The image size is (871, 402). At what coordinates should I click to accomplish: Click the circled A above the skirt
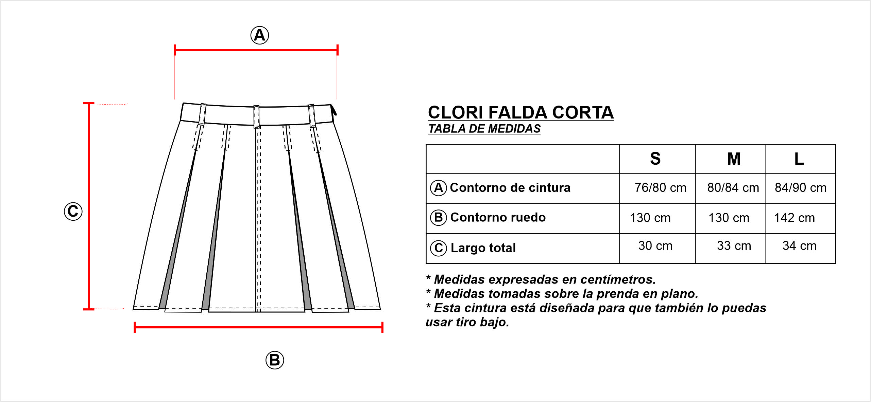coord(260,35)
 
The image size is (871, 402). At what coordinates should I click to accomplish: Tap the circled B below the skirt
coord(275,360)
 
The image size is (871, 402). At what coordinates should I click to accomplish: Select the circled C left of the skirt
coord(73,211)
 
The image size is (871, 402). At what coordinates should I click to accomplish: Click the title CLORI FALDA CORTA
coord(521,112)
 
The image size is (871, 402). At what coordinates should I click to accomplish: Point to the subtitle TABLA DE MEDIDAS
coord(484,129)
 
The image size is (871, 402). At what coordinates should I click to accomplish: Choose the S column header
coord(655,159)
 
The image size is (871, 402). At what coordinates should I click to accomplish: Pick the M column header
coord(734,159)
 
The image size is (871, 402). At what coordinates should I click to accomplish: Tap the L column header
coord(799,159)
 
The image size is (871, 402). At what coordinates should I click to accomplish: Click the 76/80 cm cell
coord(661,187)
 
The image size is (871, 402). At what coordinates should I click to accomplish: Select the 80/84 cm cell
coord(733,187)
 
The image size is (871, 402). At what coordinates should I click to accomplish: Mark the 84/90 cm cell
coord(801,187)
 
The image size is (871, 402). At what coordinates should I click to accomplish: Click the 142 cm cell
coord(795,218)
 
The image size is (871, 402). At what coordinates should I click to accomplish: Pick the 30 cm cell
coord(655,245)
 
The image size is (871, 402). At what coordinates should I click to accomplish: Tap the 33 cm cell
coord(734,245)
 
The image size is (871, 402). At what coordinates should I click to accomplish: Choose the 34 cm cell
coord(799,245)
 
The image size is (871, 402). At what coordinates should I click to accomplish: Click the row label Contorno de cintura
coord(510,187)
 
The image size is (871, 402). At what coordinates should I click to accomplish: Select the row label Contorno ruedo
coord(498,217)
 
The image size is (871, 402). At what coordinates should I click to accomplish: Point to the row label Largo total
coord(483,248)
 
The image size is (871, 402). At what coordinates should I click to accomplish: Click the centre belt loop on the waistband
coord(257,117)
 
